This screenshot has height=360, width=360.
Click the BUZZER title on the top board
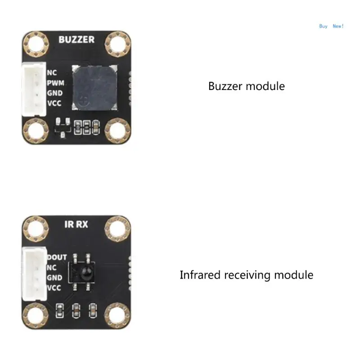pos(76,40)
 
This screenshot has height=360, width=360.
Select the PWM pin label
pos(55,83)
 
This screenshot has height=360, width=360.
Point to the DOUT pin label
pos(57,257)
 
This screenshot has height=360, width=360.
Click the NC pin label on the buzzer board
pos(52,72)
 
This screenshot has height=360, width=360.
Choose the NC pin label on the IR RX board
pos(52,267)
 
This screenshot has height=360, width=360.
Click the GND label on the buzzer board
pos(55,94)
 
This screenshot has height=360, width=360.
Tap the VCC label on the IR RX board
pos(54,288)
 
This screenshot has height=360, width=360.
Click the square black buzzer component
pos(95,88)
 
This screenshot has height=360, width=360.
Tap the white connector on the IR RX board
pos(33,272)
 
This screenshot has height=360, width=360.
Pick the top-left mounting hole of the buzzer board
pos(36,45)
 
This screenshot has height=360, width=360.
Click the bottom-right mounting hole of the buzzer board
pos(118,131)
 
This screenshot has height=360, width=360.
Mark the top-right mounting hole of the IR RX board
pos(118,229)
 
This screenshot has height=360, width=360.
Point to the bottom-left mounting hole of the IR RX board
pos(36,315)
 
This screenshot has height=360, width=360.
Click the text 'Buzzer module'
pos(246,86)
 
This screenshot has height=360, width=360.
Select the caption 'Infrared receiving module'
pos(246,274)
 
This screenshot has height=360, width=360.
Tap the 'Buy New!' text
pos(331,26)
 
